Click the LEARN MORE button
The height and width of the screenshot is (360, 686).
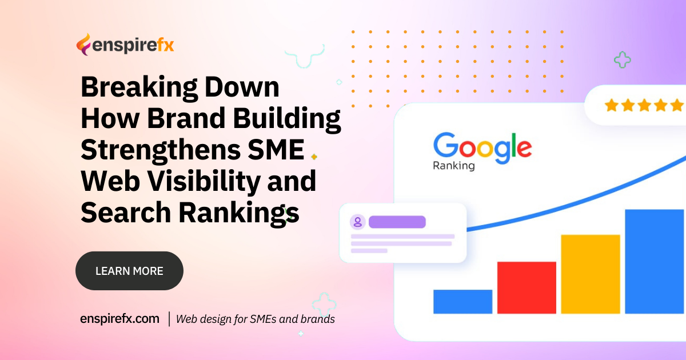click(x=129, y=271)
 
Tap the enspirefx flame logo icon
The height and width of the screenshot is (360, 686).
click(x=83, y=45)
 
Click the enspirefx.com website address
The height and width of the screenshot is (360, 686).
click(x=119, y=319)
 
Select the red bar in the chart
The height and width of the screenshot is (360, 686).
click(x=527, y=287)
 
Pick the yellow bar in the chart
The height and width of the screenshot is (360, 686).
click(x=590, y=274)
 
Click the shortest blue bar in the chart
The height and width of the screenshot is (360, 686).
click(x=462, y=301)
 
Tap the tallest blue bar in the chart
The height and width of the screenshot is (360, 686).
click(x=654, y=261)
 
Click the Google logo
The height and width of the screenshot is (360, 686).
click(x=482, y=147)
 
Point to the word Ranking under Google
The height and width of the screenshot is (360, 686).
click(x=453, y=166)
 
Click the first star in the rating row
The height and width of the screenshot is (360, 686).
click(x=612, y=105)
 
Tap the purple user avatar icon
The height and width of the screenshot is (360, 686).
click(x=358, y=222)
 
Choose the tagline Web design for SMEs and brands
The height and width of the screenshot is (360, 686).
click(x=255, y=319)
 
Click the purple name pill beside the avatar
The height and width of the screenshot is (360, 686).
click(x=397, y=222)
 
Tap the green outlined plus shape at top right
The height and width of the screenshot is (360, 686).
click(x=622, y=59)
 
